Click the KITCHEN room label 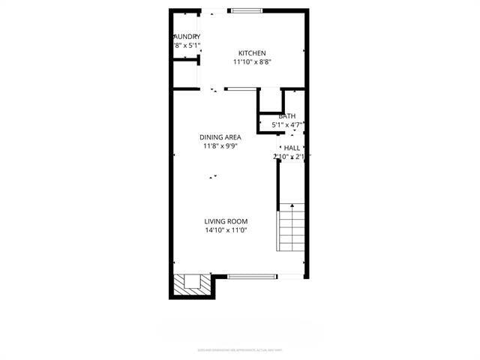252,52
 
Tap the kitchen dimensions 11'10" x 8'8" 252,62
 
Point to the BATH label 286,116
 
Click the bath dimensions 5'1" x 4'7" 287,124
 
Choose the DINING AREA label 220,137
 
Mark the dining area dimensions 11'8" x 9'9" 220,146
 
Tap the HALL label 291,148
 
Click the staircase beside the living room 292,229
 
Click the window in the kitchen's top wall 246,10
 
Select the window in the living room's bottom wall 250,276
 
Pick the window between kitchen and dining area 240,88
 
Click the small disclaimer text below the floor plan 239,349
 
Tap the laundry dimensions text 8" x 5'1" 187,45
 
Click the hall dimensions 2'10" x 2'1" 292,157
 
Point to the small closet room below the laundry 186,73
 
